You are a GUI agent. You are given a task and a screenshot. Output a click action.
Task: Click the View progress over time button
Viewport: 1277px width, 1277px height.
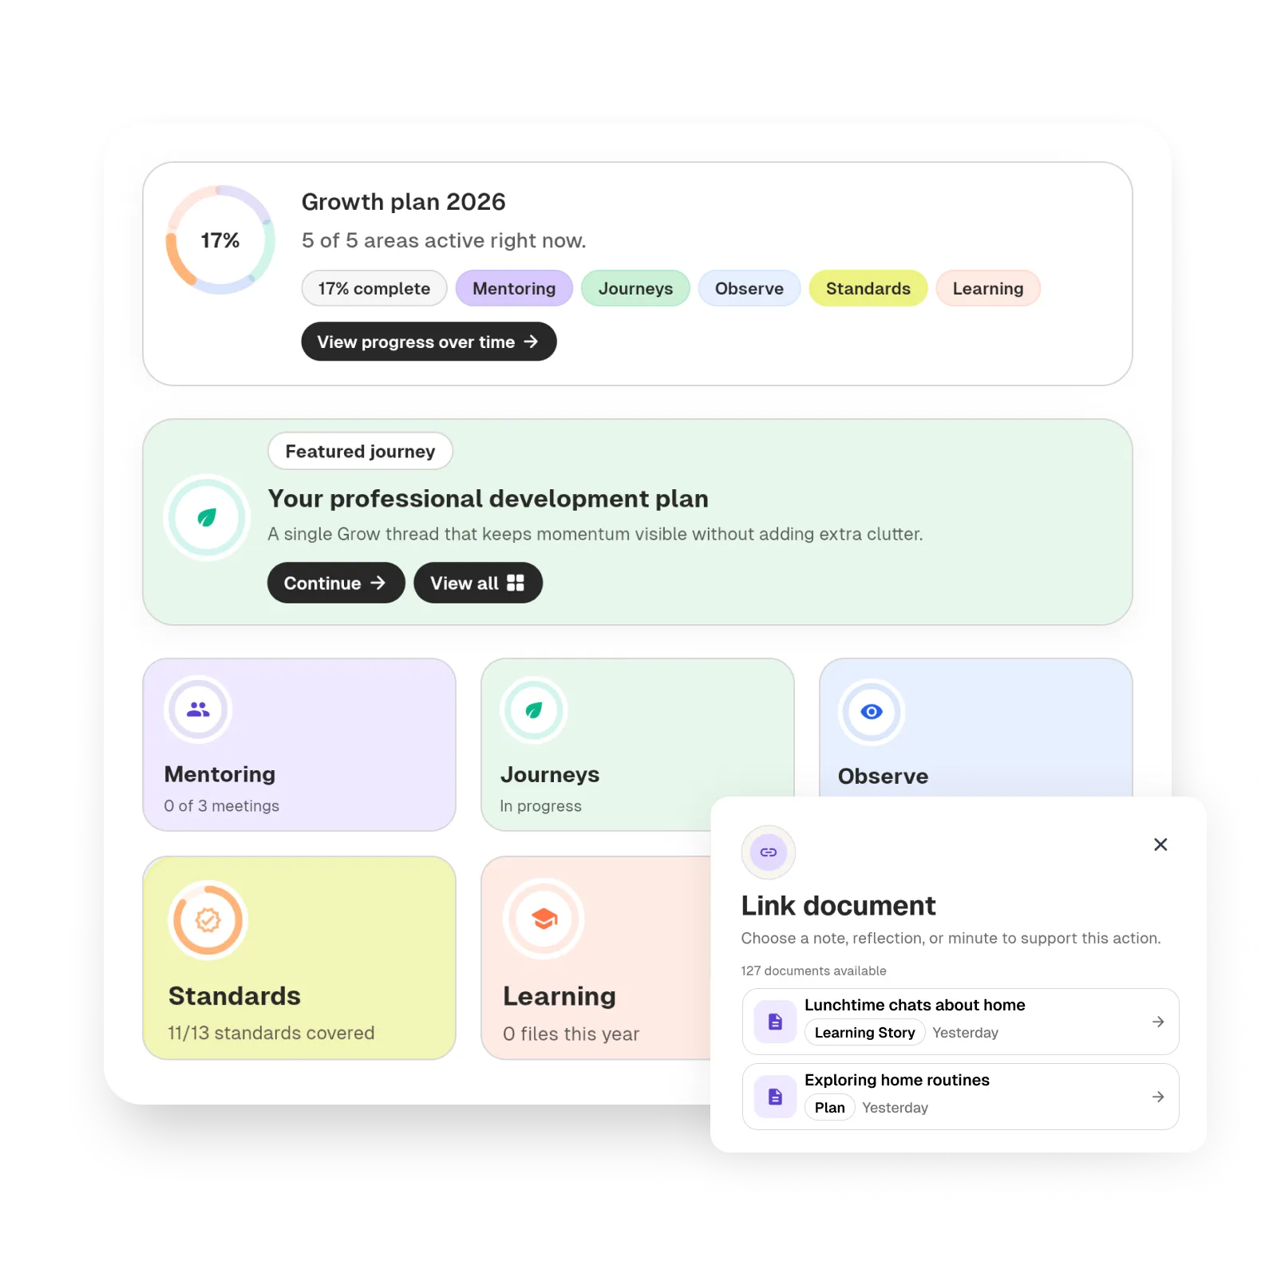(429, 342)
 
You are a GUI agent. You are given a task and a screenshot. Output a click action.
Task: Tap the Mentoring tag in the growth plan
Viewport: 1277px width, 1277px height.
(514, 288)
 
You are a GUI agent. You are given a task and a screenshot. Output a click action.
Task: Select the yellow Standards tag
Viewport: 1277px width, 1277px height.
(868, 288)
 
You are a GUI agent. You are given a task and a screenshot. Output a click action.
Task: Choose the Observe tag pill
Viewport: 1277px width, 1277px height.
(749, 288)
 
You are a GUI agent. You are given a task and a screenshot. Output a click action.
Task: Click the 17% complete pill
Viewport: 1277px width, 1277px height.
(374, 288)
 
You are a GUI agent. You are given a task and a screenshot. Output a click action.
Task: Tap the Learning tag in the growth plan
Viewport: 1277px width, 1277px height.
(987, 288)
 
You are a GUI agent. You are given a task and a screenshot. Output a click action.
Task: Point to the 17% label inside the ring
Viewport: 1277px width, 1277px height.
(219, 240)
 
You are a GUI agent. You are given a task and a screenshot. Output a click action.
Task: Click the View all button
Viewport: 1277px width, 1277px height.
(477, 583)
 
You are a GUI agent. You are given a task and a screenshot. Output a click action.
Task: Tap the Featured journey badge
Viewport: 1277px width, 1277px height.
(360, 452)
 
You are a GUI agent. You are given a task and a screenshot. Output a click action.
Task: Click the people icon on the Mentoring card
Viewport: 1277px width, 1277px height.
(198, 709)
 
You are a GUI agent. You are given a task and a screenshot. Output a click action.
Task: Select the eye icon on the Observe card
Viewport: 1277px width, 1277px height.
(872, 711)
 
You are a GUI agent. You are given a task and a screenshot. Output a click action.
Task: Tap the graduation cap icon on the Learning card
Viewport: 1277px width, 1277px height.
(544, 919)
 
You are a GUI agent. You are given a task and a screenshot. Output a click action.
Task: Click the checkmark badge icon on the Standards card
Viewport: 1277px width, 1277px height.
(208, 919)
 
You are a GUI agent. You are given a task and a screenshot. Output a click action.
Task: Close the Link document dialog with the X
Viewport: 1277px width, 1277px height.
(1160, 844)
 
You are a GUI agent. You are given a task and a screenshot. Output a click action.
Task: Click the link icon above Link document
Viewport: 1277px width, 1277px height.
(769, 852)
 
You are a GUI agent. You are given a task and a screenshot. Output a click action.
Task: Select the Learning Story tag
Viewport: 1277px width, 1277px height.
(864, 1033)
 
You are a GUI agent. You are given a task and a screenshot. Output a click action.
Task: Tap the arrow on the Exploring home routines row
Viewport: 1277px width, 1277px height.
(1158, 1097)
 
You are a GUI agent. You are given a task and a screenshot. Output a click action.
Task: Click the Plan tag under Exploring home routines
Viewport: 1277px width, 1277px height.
(829, 1108)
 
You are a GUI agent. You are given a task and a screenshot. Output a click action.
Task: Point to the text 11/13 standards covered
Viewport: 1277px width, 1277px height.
(271, 1033)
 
